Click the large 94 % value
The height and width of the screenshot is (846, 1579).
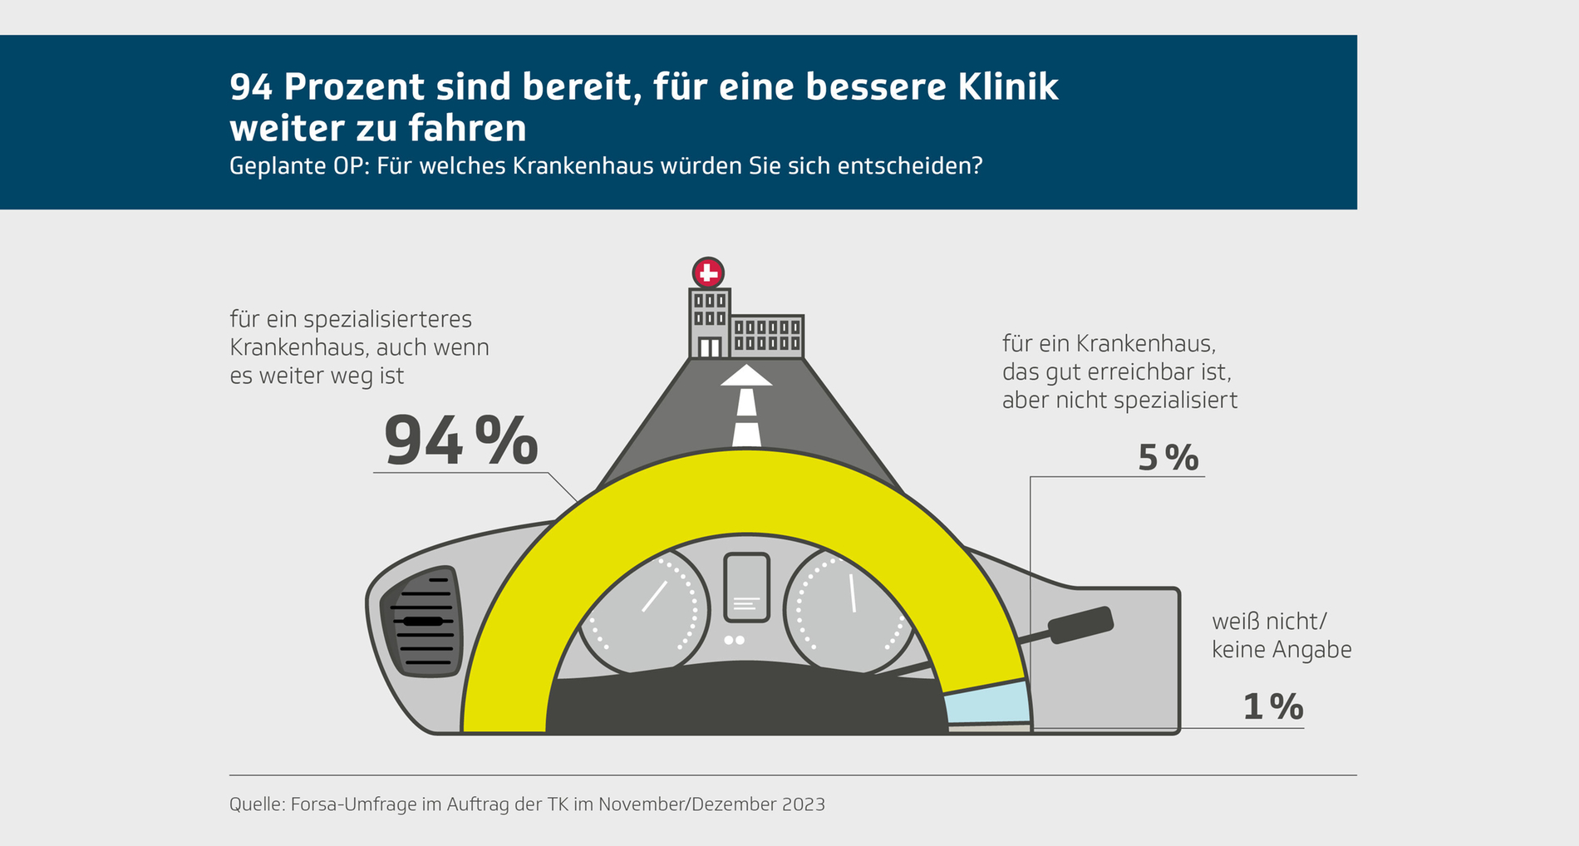tap(460, 440)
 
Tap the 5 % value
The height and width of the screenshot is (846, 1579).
tap(1168, 458)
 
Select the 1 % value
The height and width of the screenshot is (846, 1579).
tap(1272, 706)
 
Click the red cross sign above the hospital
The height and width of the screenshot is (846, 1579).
tap(708, 272)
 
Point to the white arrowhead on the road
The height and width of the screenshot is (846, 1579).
tap(746, 376)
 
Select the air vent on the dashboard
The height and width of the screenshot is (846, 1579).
tap(423, 621)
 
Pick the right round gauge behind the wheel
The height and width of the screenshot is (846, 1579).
tap(848, 611)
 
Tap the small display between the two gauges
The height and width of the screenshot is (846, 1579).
tap(746, 587)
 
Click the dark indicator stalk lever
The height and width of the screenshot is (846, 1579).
tap(1080, 625)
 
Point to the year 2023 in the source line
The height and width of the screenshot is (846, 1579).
tap(803, 804)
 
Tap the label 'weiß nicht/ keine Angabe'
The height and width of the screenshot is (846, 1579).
tap(1281, 635)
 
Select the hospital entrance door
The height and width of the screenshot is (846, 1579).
tap(709, 347)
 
